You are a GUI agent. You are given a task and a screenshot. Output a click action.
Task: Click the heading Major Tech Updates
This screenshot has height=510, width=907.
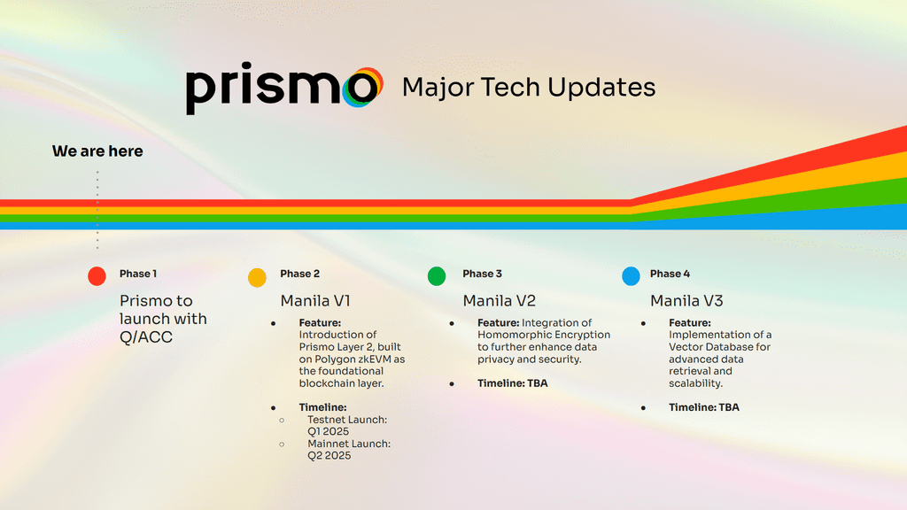(529, 88)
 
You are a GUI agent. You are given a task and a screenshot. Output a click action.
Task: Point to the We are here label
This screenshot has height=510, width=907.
(97, 151)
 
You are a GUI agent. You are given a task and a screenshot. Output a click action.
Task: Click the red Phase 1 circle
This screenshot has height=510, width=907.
(97, 276)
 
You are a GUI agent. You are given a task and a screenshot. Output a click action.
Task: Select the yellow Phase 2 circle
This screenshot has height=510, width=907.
(257, 277)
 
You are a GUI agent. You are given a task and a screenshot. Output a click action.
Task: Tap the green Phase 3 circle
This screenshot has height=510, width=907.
(437, 276)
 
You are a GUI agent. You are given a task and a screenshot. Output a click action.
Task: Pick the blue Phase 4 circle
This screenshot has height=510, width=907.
(631, 276)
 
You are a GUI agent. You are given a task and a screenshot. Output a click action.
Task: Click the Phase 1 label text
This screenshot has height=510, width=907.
(138, 274)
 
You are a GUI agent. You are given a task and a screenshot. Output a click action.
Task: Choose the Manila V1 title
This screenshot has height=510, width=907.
(313, 300)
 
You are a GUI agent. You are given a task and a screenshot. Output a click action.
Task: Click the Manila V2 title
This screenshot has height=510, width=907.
(499, 300)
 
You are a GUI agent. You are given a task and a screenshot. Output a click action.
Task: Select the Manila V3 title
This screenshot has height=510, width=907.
(686, 300)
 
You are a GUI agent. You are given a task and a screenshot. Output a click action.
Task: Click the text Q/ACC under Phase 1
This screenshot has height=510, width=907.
(146, 337)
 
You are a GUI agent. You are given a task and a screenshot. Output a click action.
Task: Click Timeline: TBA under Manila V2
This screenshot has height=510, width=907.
(513, 383)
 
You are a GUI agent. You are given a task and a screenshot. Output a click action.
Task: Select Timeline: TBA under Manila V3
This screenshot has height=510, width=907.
(704, 407)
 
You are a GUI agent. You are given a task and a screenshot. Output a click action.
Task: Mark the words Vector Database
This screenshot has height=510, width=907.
(712, 347)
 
